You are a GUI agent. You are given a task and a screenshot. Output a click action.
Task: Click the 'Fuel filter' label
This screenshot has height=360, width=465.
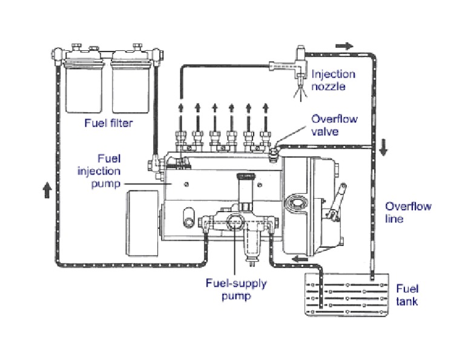108,124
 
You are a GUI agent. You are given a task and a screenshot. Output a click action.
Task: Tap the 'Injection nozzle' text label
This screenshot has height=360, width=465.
333,81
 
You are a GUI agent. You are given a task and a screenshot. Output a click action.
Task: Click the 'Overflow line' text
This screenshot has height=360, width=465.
408,212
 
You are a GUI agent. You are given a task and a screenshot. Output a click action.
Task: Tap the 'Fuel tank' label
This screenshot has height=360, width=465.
406,295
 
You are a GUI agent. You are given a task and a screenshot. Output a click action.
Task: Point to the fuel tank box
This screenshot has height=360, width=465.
346,295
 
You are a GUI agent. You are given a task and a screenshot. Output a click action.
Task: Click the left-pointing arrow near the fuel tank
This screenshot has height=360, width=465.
297,259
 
